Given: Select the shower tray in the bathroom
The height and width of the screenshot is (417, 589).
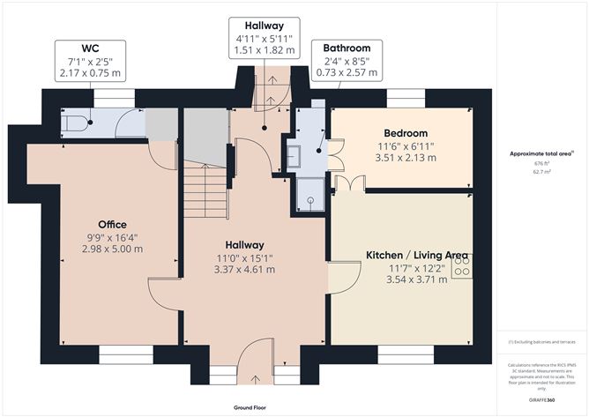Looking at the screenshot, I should [x=309, y=200].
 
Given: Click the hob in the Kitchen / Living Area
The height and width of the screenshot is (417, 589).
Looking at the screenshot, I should [x=462, y=266].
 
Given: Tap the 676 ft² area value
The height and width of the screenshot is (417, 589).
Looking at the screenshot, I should [x=541, y=163].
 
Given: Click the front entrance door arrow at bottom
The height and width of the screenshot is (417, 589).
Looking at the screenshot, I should [x=256, y=379].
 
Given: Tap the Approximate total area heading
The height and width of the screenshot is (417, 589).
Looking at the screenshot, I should [x=541, y=153].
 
